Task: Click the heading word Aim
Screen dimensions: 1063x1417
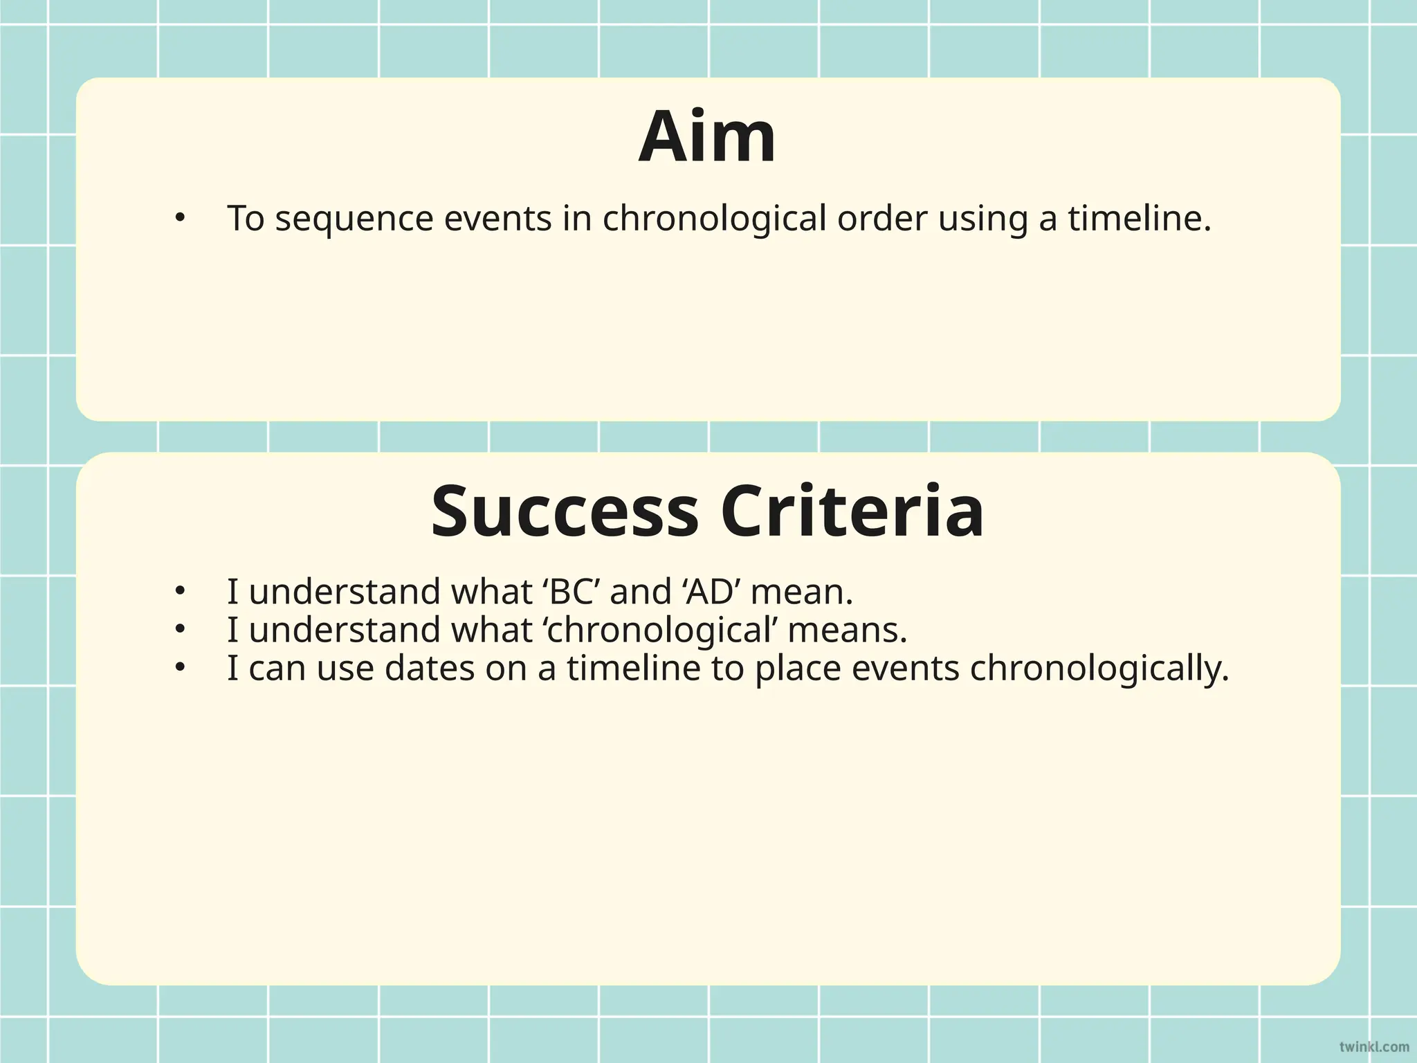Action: click(x=707, y=137)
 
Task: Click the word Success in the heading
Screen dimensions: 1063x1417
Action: click(x=565, y=512)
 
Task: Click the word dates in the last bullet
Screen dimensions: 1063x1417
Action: click(x=429, y=669)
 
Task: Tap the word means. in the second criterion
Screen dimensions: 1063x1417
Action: click(x=848, y=630)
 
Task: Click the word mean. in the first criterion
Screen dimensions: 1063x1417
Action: click(x=802, y=592)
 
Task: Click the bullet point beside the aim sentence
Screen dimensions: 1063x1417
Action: click(x=180, y=219)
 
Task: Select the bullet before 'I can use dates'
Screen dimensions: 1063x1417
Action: click(x=180, y=668)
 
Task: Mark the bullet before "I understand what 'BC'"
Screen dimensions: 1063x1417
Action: click(x=180, y=592)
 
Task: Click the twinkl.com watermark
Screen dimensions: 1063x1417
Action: click(x=1373, y=1046)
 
